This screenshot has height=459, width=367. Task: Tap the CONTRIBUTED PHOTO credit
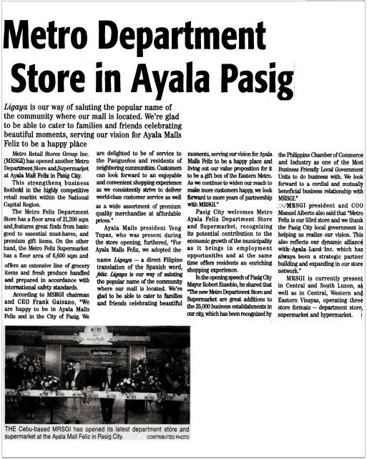[168, 436]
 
